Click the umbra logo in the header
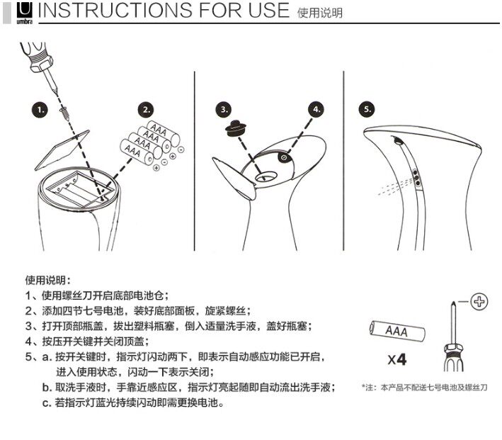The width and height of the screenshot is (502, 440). pos(25,11)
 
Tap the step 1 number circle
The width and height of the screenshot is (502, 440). pos(41,110)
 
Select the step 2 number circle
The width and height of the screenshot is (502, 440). pos(147,110)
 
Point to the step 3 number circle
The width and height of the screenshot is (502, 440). pos(224,109)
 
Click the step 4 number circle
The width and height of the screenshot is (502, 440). pos(316,109)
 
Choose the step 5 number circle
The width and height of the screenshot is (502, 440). pos(367,109)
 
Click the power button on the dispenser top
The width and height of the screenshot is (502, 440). pos(283,157)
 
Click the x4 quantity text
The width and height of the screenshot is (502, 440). pos(397,359)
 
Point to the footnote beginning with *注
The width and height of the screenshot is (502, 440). pos(424,388)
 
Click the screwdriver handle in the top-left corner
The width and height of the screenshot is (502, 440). pos(29,53)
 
